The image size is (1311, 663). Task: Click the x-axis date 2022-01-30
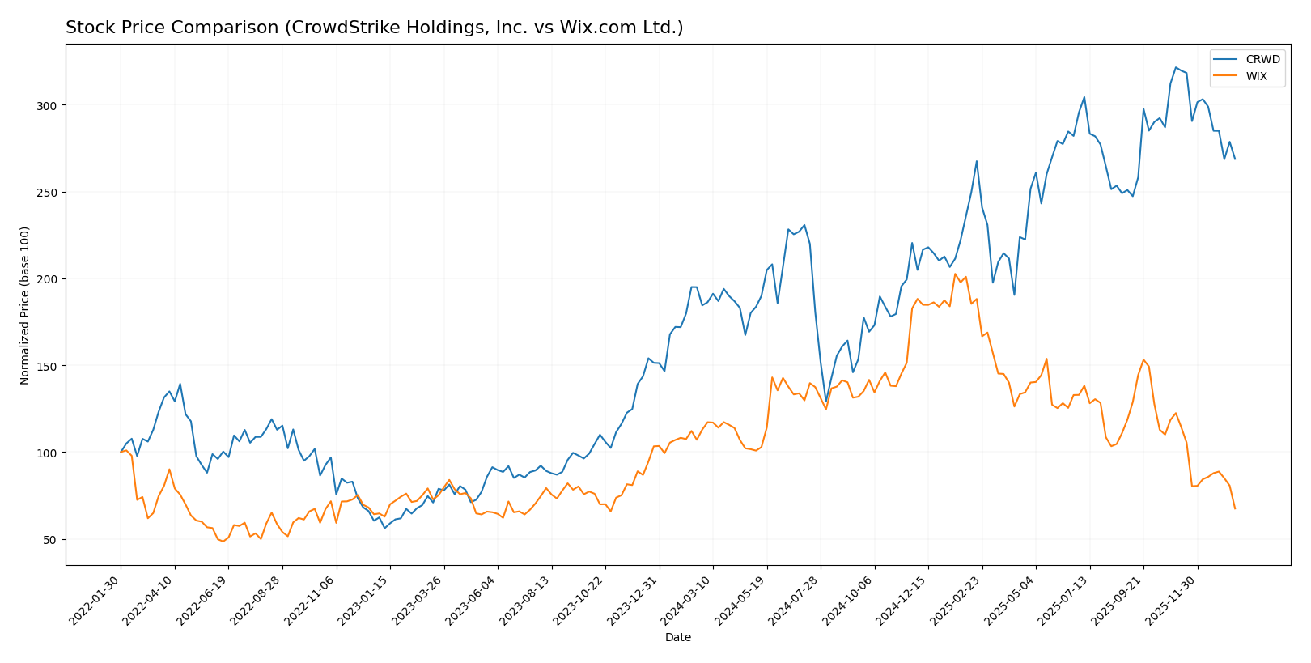tap(96, 600)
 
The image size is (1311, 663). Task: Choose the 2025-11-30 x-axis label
tap(1173, 600)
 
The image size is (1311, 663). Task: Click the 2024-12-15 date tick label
tap(904, 600)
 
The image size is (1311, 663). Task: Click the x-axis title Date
tap(678, 638)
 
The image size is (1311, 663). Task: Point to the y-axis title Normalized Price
tap(25, 305)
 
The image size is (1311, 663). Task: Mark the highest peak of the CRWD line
tap(1176, 67)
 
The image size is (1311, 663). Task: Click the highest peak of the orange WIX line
tap(956, 274)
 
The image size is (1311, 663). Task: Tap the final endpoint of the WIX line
tap(1235, 508)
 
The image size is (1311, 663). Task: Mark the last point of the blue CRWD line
tap(1235, 159)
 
